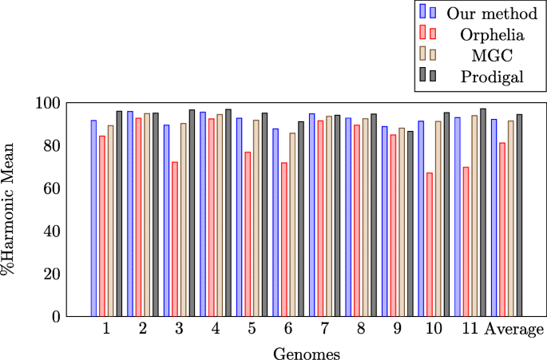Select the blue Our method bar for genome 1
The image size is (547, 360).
pos(93,218)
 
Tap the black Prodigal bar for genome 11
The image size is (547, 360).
pos(482,212)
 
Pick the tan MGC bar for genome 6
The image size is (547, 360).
pos(292,224)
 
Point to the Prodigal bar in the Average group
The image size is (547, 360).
pos(519,216)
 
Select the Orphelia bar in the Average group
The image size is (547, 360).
pos(502,230)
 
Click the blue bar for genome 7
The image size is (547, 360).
pos(312,215)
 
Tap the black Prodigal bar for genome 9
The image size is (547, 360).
pos(410,224)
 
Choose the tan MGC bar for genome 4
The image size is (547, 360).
pos(220,216)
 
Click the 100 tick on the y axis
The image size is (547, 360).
pos(50,104)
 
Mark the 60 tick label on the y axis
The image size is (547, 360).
pos(53,189)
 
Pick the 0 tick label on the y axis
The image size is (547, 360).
pos(57,317)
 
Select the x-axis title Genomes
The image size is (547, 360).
pos(306,353)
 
